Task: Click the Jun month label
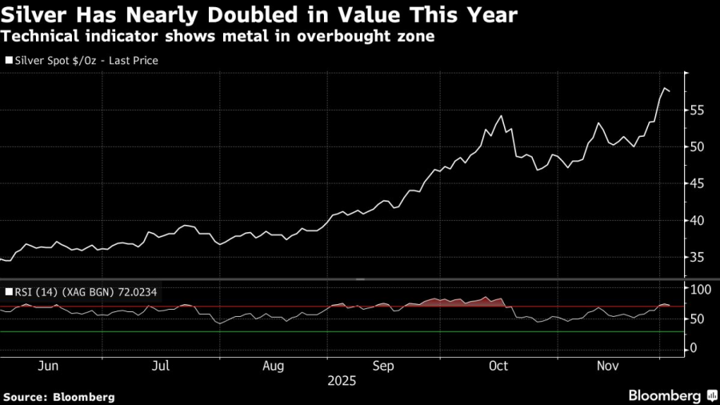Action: [49, 366]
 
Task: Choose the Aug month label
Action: [274, 366]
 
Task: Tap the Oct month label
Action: [498, 366]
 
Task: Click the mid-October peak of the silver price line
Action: [502, 116]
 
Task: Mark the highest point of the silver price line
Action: [665, 87]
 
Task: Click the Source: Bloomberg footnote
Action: [59, 396]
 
